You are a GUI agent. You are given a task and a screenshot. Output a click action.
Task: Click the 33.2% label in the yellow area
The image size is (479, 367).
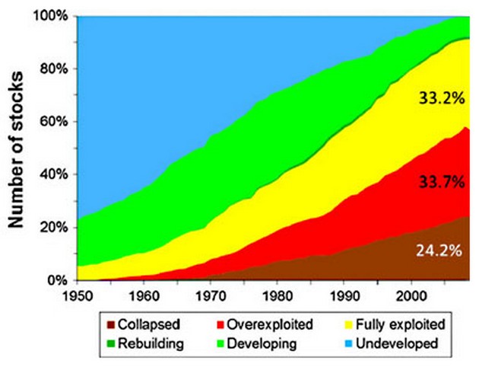coord(436,97)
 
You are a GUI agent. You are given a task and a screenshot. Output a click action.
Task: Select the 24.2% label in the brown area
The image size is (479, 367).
coord(436,249)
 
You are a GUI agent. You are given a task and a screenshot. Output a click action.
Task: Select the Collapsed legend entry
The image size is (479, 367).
coord(159,324)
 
